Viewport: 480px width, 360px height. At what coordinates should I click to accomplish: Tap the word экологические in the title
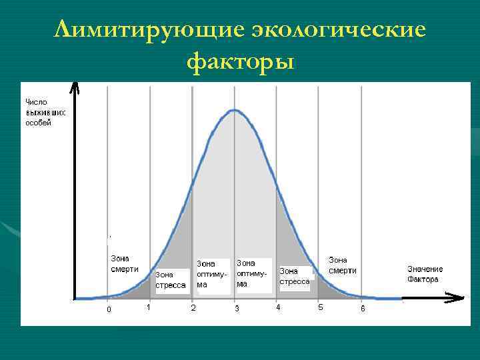(x=339, y=30)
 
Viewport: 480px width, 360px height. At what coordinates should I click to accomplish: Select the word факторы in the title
(x=241, y=62)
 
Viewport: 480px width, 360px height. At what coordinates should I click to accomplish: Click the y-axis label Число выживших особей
(x=45, y=112)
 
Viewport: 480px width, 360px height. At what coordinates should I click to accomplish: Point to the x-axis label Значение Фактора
(x=425, y=274)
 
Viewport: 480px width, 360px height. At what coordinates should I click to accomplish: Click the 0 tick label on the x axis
(x=109, y=309)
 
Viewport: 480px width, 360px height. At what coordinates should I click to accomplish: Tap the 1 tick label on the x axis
(x=149, y=307)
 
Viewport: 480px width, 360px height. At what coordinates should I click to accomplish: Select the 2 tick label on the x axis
(x=193, y=308)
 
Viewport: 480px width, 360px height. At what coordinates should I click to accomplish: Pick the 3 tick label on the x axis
(x=236, y=309)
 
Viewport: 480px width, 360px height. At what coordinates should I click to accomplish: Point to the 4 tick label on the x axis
(x=278, y=307)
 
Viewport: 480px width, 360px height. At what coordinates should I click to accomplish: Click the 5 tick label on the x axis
(x=321, y=307)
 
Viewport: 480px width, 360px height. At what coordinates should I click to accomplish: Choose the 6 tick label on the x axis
(x=363, y=309)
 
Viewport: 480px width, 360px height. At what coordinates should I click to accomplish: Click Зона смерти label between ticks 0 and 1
(x=124, y=264)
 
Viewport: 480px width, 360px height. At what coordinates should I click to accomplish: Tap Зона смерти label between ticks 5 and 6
(x=343, y=265)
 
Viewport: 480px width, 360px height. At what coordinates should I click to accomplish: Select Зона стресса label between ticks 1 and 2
(x=170, y=279)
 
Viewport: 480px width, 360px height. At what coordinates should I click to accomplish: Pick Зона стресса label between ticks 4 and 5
(x=294, y=276)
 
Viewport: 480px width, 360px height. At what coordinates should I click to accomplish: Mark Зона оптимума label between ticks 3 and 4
(x=252, y=273)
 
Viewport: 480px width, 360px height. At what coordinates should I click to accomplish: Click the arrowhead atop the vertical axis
(x=75, y=87)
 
